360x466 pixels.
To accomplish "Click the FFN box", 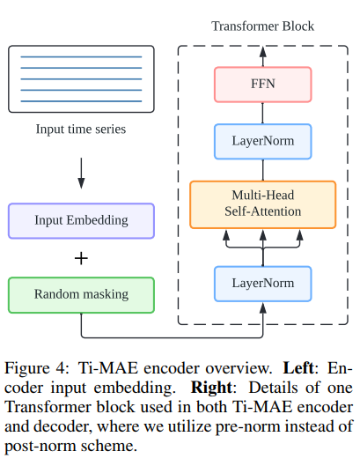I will [262, 86].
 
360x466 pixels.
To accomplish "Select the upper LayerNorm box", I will [262, 141].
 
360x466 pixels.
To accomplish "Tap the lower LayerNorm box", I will [262, 283].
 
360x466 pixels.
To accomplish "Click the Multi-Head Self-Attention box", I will [262, 203].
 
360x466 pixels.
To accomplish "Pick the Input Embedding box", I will [81, 220].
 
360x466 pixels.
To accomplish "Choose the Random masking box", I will [81, 294].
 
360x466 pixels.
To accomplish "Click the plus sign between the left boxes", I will [82, 258].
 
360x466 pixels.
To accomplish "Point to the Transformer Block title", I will [262, 26].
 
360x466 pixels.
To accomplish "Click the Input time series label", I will [81, 129].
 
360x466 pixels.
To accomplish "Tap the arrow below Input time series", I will [81, 174].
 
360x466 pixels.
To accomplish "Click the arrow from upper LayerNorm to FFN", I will [262, 114].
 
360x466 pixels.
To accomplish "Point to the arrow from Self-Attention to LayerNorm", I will [262, 170].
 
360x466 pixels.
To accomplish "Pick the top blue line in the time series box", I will [81, 57].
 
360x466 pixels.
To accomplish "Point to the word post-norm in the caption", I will [38, 446].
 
